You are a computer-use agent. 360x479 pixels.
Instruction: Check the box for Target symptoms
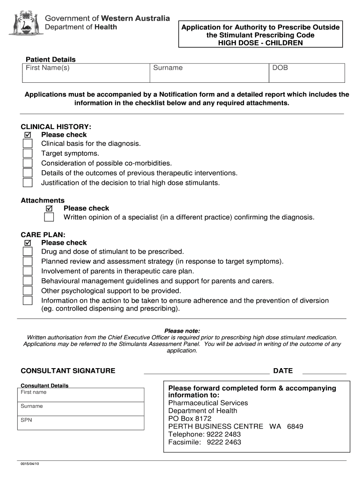tap(28, 153)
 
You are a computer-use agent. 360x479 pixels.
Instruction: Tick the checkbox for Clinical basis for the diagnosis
tap(28, 144)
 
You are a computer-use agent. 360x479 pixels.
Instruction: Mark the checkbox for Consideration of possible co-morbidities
tap(28, 163)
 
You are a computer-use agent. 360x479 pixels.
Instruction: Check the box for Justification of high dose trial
tap(28, 182)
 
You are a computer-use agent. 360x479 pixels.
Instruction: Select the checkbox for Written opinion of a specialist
tap(49, 218)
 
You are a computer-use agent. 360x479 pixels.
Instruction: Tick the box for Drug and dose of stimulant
tap(28, 252)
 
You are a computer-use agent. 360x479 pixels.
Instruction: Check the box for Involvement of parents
tap(28, 271)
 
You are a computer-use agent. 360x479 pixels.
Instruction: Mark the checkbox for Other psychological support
tap(28, 291)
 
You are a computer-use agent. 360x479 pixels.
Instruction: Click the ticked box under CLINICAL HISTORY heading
tap(28, 135)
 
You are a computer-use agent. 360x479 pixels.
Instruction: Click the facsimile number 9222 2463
tap(224, 442)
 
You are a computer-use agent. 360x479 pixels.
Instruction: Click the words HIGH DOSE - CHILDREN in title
tap(261, 43)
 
